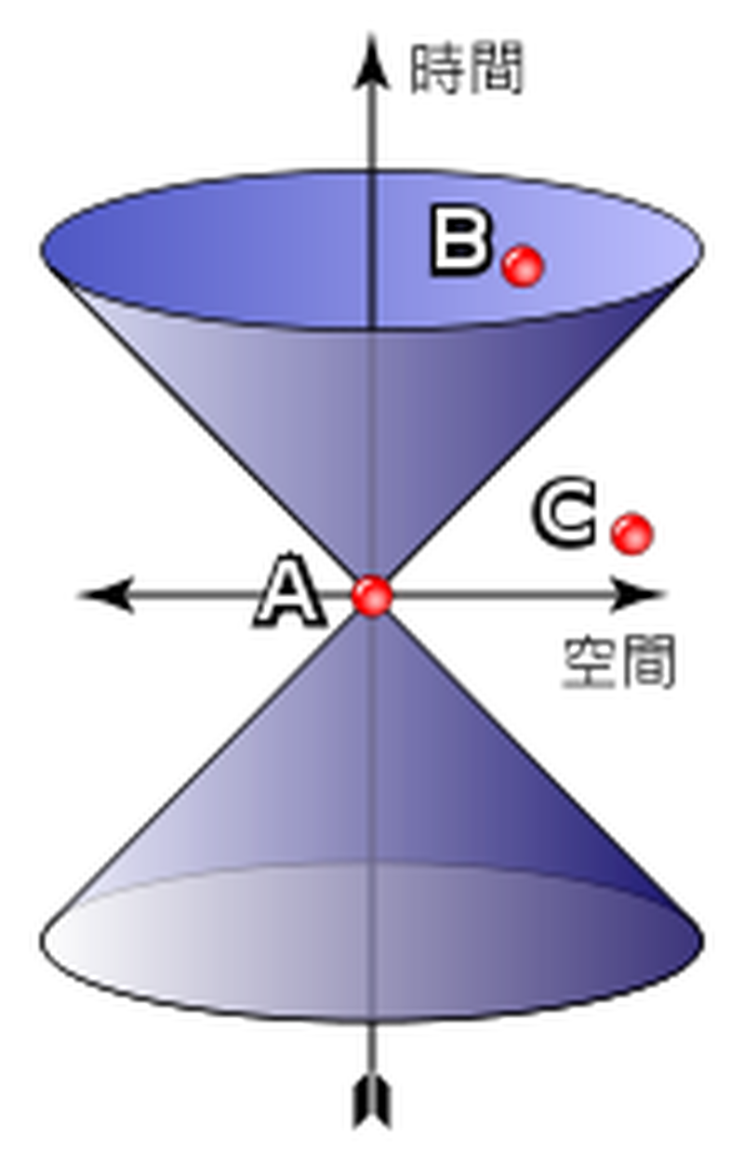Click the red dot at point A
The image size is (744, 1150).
tap(372, 595)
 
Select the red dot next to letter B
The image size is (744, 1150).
tap(523, 265)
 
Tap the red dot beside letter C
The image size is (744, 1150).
tap(631, 534)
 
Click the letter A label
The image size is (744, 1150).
tap(289, 589)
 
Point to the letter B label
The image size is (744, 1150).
tap(459, 241)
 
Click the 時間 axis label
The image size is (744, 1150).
tap(466, 69)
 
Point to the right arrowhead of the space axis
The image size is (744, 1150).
tap(637, 595)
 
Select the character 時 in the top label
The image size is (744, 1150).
tap(436, 69)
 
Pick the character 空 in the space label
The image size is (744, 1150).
tap(590, 663)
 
